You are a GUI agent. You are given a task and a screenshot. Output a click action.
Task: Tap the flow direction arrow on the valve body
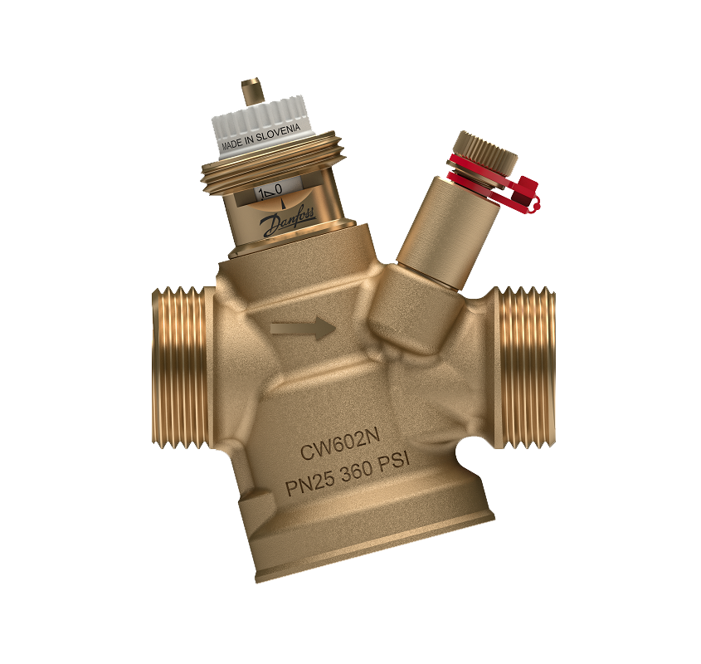(x=303, y=329)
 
